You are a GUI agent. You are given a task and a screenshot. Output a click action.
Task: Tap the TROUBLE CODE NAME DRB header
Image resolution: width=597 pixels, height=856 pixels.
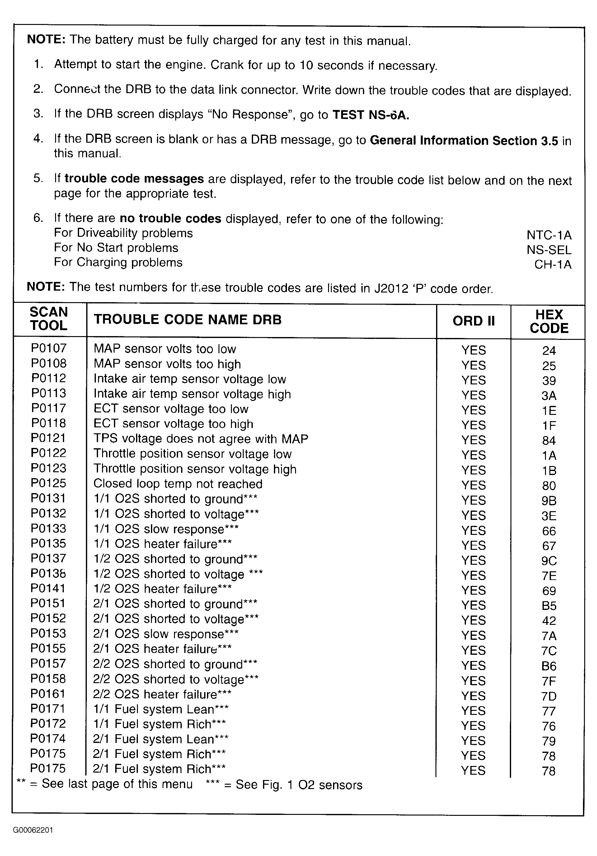(188, 320)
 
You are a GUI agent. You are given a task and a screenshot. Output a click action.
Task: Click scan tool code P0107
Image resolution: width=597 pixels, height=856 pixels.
(49, 348)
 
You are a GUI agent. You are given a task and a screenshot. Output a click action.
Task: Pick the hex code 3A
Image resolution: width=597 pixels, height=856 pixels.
(549, 396)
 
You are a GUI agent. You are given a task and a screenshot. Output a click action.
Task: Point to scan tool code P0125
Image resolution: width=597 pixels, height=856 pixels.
(49, 483)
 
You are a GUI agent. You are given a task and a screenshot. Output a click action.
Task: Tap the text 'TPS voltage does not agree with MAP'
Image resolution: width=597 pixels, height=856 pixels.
(201, 439)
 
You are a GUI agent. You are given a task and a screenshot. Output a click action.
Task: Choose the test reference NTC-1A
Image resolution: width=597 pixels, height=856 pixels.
(549, 235)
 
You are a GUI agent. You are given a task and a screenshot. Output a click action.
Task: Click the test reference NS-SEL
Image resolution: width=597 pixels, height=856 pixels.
(549, 250)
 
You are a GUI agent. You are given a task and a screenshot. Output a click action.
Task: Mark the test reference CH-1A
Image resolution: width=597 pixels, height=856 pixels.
(553, 264)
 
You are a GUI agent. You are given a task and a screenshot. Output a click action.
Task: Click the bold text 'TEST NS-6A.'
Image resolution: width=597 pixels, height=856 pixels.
(371, 115)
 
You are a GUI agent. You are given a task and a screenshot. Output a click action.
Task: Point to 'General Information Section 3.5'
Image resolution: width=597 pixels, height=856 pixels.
(464, 140)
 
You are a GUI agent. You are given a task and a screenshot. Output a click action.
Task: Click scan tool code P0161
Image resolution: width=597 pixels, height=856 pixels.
(48, 693)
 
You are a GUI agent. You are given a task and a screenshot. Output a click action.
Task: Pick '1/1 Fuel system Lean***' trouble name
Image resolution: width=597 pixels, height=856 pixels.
(161, 709)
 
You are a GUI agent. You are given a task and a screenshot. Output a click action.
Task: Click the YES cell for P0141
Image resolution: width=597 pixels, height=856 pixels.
(473, 591)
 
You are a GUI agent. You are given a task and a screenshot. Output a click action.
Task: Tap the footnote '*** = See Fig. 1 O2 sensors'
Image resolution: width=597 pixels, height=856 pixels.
(284, 785)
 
